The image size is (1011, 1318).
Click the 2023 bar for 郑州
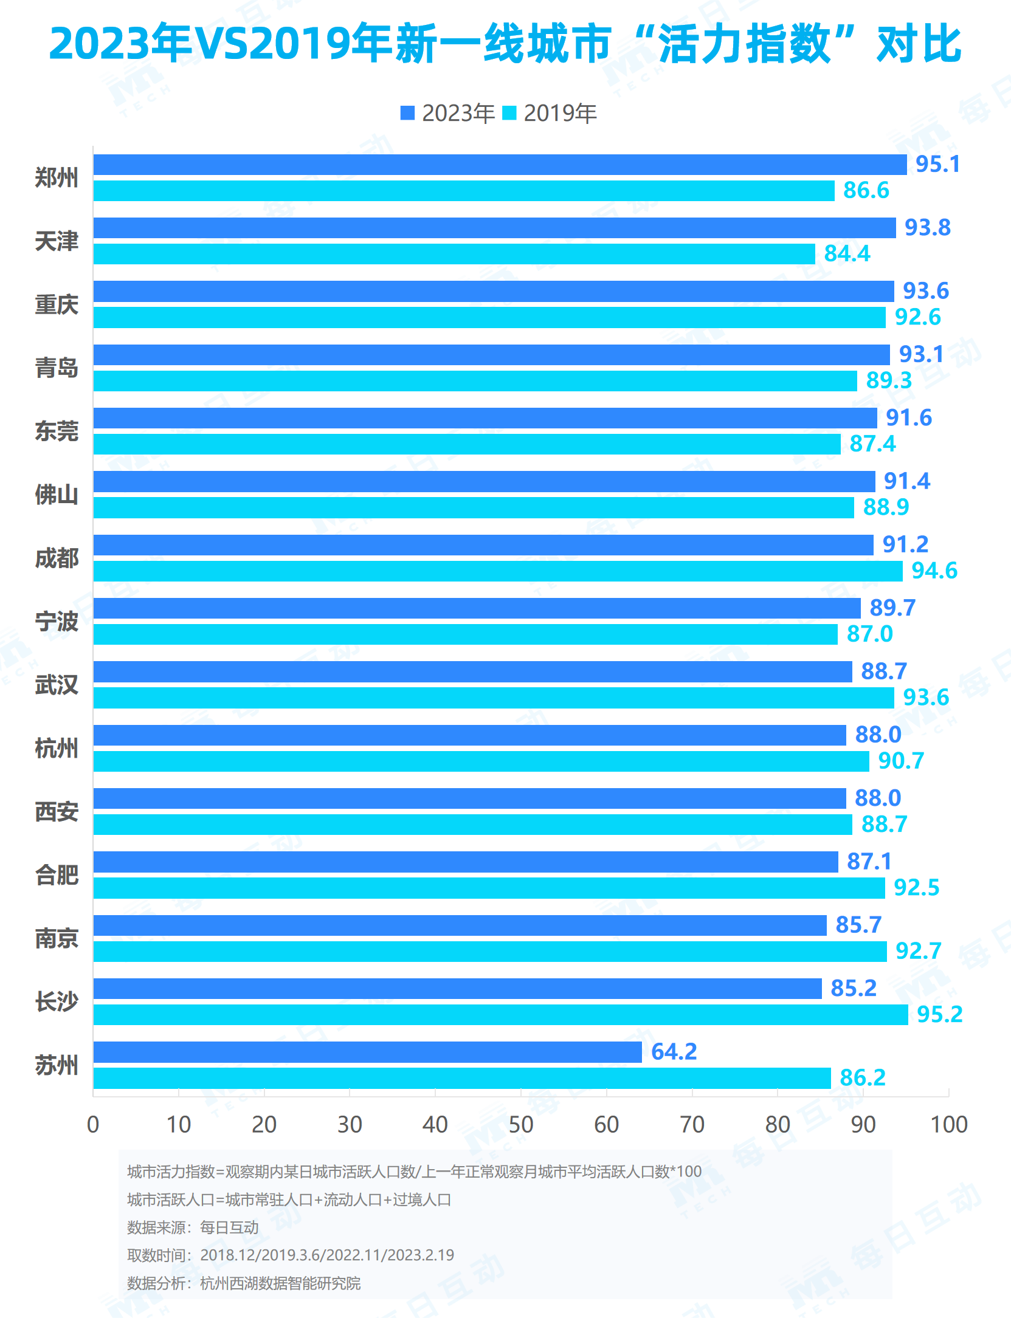(500, 165)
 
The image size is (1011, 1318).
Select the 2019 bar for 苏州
(462, 1078)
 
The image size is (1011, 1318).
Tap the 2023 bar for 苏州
(368, 1052)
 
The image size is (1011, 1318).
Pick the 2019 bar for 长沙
(500, 1015)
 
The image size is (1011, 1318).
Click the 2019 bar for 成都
(498, 571)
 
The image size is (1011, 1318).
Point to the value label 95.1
(937, 165)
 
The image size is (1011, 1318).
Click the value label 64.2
(674, 1052)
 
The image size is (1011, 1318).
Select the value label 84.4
(847, 254)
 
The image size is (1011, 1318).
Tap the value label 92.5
(916, 888)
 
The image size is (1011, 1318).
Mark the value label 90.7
(901, 761)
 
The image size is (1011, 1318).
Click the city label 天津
(57, 241)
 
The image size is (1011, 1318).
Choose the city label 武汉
(57, 685)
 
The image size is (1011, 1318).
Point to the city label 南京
(57, 938)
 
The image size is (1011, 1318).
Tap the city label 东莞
(57, 431)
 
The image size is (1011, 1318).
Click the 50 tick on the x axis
(521, 1125)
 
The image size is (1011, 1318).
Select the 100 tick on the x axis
(948, 1125)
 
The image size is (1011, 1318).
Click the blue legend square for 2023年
(407, 113)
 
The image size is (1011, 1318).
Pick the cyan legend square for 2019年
(509, 113)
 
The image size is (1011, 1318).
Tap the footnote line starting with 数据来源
(193, 1227)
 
